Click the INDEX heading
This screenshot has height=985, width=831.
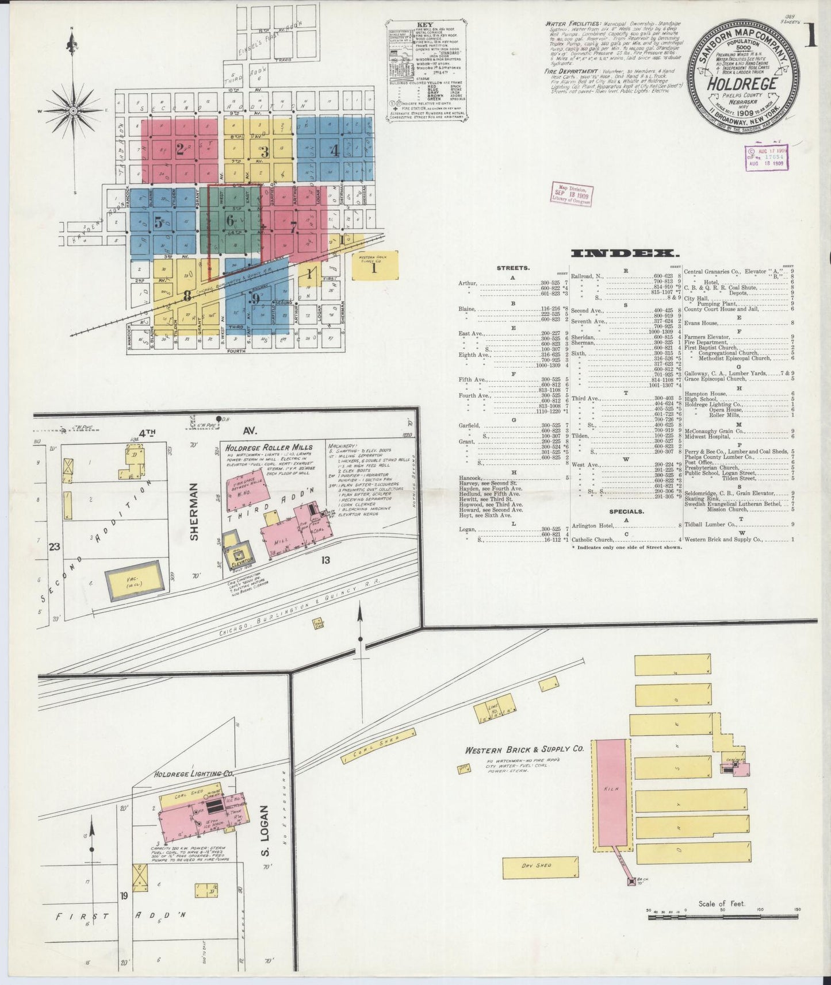[x=625, y=253]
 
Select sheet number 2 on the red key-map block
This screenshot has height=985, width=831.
[x=180, y=149]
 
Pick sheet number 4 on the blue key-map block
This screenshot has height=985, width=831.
[x=334, y=151]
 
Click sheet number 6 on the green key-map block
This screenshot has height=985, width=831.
[x=230, y=220]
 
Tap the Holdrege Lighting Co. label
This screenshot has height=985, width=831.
[x=194, y=774]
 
